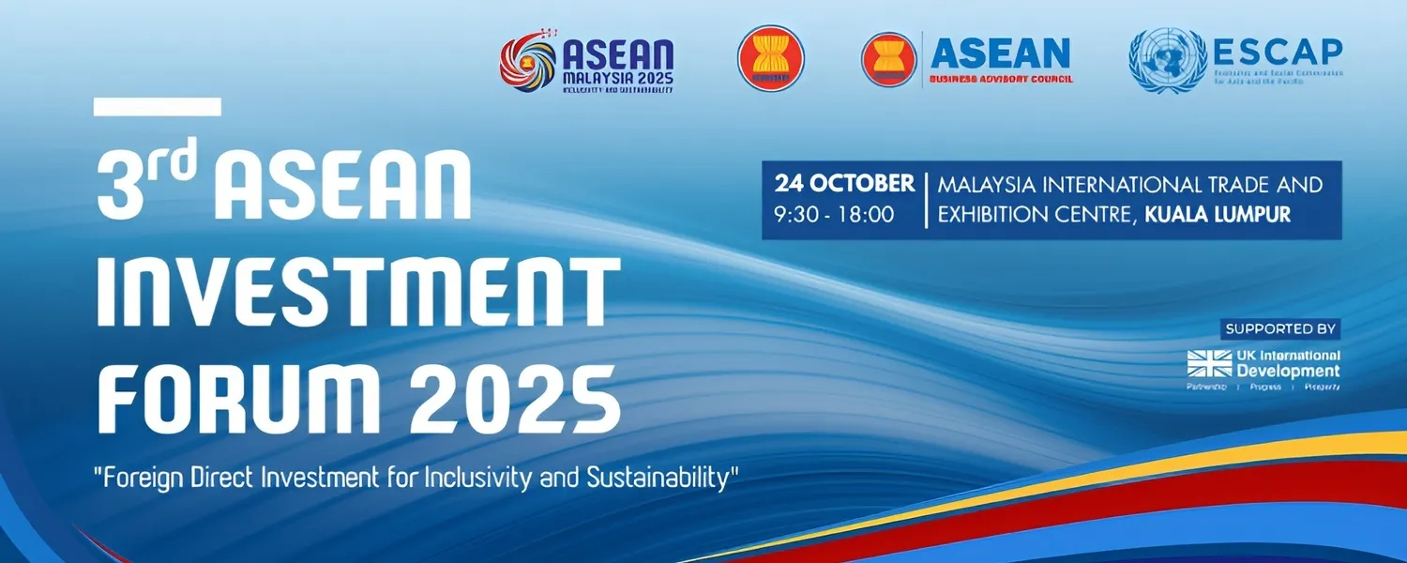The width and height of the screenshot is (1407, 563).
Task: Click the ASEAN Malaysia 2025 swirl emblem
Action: [x=528, y=63]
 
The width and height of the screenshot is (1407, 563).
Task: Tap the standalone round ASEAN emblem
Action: [x=770, y=58]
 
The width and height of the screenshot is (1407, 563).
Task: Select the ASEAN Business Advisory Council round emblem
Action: [x=888, y=59]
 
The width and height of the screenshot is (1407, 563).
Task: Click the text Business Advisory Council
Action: [x=1001, y=80]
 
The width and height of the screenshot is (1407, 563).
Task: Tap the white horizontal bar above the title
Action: [x=158, y=107]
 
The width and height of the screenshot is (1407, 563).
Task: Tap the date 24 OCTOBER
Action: [x=844, y=184]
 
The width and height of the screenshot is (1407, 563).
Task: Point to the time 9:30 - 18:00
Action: [x=834, y=215]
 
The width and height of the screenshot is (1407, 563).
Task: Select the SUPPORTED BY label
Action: [x=1280, y=329]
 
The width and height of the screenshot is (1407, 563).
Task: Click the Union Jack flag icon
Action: [x=1209, y=363]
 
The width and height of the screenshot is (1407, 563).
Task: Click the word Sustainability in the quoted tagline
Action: [x=657, y=478]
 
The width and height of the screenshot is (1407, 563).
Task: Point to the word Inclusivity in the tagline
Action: [x=477, y=478]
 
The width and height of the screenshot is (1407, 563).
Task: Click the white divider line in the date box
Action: [x=926, y=200]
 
